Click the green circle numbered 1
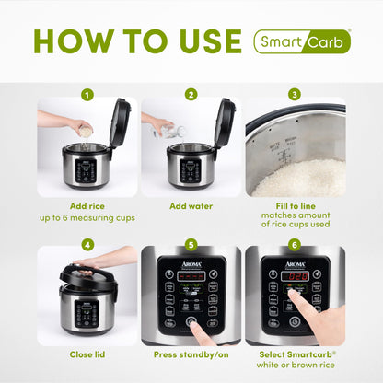(87, 94)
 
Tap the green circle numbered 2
(191, 94)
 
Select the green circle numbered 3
(295, 94)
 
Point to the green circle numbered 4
(87, 245)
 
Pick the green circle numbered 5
(191, 245)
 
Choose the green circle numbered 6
(295, 245)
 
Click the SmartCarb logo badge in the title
(302, 41)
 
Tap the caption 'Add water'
(191, 207)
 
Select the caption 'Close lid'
(87, 354)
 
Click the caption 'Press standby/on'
(191, 354)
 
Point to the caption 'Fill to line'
(295, 207)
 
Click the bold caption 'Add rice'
(87, 207)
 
